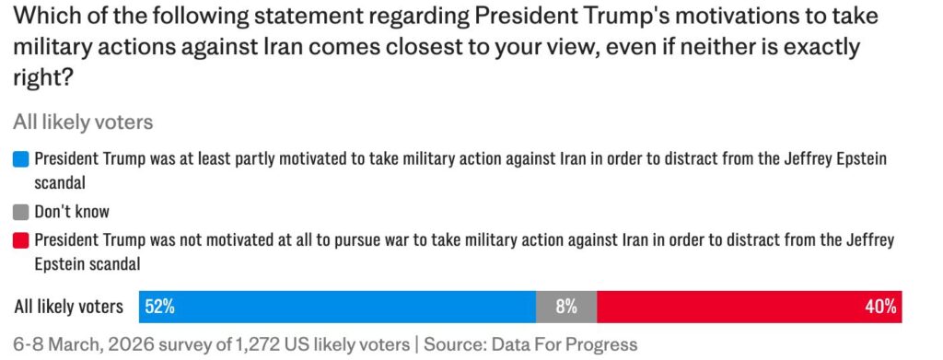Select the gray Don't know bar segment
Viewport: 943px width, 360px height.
pos(565,307)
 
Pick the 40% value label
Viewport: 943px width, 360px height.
pos(880,307)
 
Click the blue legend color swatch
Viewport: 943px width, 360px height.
pos(21,158)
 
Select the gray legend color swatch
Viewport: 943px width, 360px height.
pos(21,211)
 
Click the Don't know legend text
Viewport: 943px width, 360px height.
pos(73,211)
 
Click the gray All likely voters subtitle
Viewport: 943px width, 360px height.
pos(83,122)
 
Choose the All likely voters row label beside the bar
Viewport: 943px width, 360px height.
pos(68,307)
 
